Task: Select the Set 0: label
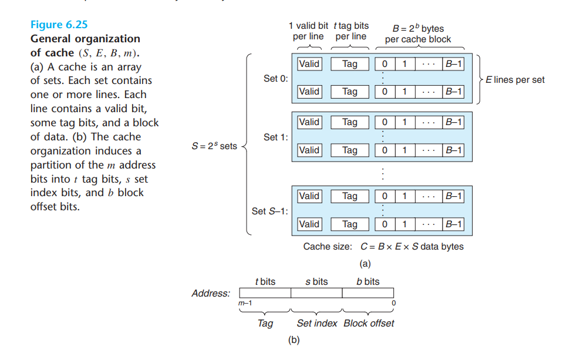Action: coord(275,79)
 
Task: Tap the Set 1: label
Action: coord(275,137)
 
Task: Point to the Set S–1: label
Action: coord(270,211)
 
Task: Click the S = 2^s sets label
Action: coord(214,146)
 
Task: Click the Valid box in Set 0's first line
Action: coord(309,63)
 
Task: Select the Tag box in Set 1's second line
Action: coord(349,150)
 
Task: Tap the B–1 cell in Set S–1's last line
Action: coord(454,224)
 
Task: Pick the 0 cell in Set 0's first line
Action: coord(385,63)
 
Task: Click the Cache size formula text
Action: coord(383,247)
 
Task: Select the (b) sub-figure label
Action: coord(294,340)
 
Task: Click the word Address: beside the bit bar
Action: coord(211,293)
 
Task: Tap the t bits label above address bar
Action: coord(265,282)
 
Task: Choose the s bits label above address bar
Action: coord(316,282)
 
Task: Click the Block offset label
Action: coord(369,323)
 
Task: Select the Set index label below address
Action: coord(317,323)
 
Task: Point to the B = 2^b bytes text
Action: coord(418,29)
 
